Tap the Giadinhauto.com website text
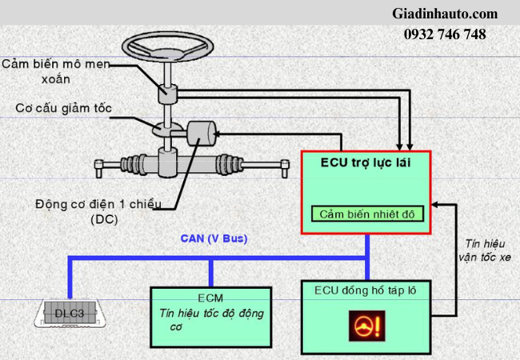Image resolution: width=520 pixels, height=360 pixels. (x=445, y=14)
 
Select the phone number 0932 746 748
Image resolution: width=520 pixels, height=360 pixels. (x=445, y=34)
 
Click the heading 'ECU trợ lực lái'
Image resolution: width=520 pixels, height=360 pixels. (x=365, y=164)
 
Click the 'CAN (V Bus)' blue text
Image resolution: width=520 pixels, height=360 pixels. (x=214, y=239)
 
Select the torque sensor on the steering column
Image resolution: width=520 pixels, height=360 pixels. (x=168, y=93)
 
